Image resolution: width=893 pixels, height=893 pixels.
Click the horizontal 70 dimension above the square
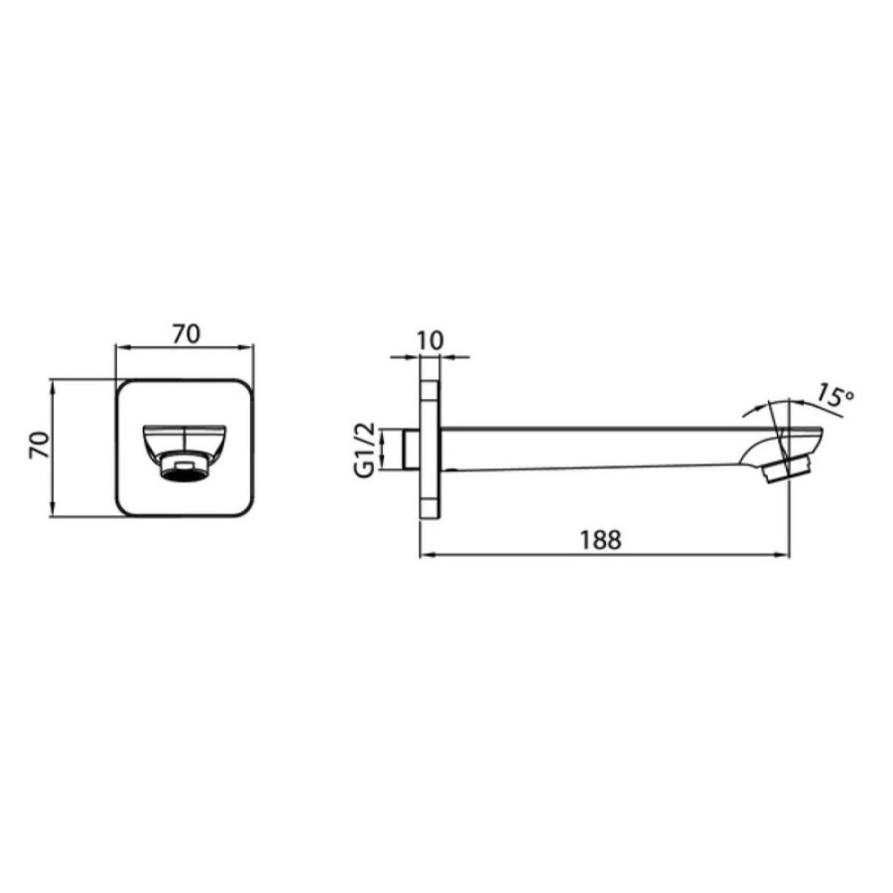[x=187, y=333]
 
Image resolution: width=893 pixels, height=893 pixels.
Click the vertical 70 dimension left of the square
[x=40, y=445]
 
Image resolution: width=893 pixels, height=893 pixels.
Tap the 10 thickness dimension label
[x=430, y=340]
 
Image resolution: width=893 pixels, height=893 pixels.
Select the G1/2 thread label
[x=364, y=449]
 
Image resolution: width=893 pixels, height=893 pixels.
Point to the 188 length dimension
[x=600, y=540]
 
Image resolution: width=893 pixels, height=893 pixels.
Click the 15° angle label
[x=835, y=396]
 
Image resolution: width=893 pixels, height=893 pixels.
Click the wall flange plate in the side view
[x=430, y=449]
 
